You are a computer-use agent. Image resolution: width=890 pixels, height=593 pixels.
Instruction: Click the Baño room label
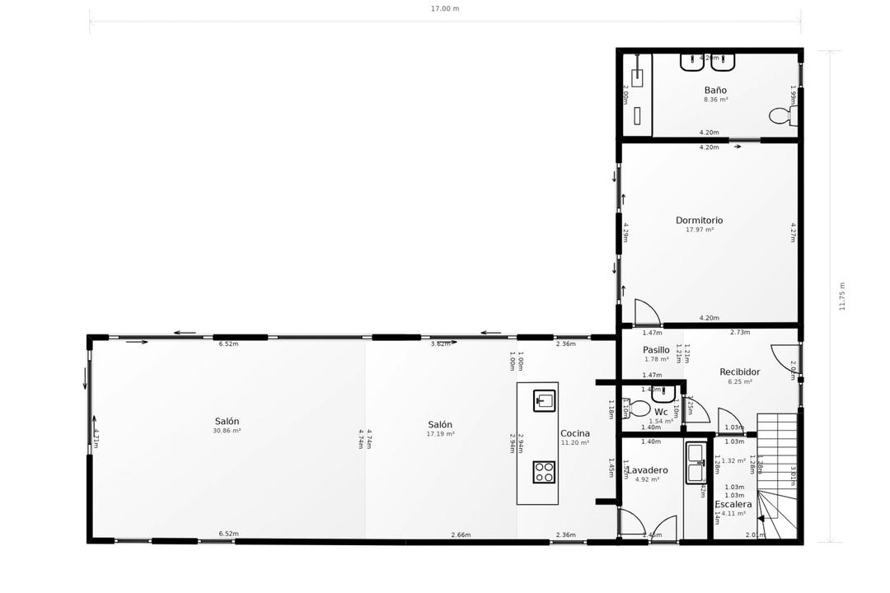click(x=715, y=90)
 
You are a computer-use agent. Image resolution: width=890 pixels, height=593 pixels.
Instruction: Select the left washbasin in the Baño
click(x=691, y=62)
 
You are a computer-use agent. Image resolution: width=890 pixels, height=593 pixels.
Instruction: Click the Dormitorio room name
click(x=699, y=220)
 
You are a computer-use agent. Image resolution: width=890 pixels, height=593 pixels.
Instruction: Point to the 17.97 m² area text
click(x=700, y=230)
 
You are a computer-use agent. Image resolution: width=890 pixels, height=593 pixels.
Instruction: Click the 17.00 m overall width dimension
click(x=445, y=9)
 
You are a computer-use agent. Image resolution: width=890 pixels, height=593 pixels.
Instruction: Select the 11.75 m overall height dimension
click(x=842, y=296)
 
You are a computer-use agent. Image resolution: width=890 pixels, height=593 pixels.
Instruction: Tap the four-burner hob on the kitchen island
click(x=544, y=472)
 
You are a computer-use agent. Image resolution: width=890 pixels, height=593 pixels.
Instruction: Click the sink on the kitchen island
click(x=544, y=401)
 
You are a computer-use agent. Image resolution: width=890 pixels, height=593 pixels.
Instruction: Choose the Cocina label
click(x=575, y=433)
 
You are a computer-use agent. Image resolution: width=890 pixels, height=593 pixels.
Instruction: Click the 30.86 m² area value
click(x=227, y=431)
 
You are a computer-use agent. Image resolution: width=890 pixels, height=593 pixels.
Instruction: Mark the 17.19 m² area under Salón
click(x=440, y=434)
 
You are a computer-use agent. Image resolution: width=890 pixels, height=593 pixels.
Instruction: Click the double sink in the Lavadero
click(x=695, y=463)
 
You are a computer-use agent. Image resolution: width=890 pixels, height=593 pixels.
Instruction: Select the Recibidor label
click(x=739, y=372)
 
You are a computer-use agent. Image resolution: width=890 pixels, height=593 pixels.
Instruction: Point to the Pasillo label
click(x=656, y=350)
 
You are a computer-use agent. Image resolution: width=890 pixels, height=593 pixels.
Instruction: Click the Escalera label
click(x=733, y=504)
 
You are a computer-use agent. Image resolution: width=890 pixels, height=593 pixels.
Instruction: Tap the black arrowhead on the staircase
click(x=761, y=519)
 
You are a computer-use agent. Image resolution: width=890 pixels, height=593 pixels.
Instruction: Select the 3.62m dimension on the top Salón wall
click(x=441, y=343)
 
